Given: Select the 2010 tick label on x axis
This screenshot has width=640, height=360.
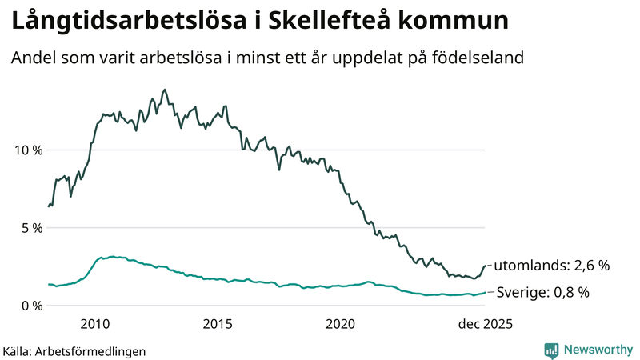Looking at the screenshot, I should point(95,324).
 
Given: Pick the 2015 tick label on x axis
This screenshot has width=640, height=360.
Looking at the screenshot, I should point(218,324).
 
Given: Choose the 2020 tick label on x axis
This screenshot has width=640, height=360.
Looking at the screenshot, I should point(341,324).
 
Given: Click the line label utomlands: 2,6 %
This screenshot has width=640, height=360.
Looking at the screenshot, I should point(552,266).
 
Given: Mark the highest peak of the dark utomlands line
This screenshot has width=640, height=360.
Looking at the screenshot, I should point(165,90).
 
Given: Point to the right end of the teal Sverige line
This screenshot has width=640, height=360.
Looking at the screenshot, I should point(485,293).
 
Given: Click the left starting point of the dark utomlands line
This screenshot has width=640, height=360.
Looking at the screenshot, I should point(49,206).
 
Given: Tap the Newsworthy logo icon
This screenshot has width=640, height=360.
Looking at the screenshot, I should point(551,350).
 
